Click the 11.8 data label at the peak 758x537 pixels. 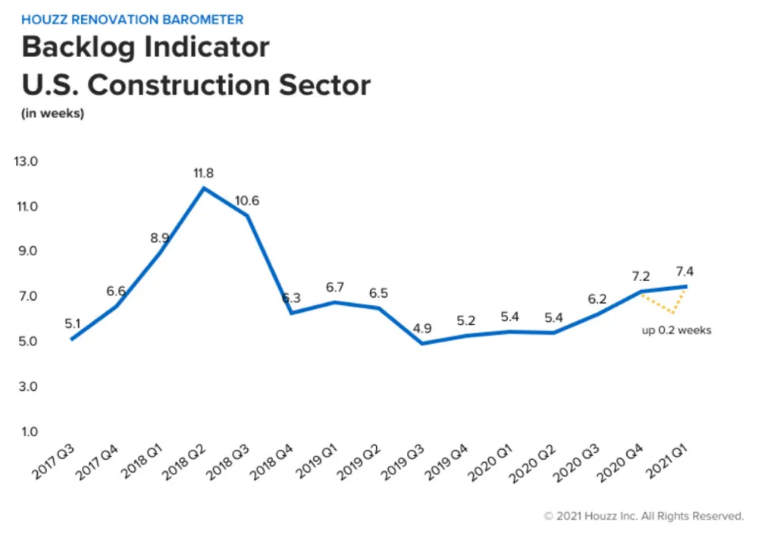coord(203,173)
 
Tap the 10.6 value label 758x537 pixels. coord(246,201)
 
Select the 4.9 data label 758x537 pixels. coord(422,329)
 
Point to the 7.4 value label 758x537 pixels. coord(684,271)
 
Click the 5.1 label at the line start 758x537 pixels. coord(73,323)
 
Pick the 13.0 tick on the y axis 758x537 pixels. coord(26,161)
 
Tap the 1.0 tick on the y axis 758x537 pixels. coord(29,431)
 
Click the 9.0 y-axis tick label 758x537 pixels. coord(28,251)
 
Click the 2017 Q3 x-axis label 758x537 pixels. coord(53,462)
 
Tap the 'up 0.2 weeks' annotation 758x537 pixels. coord(676,330)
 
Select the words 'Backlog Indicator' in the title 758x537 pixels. coord(146,47)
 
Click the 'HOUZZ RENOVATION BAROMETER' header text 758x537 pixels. coord(132,20)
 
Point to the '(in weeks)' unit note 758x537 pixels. coord(52,114)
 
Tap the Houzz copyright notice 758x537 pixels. coord(644,517)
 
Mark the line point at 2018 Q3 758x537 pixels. coord(248,215)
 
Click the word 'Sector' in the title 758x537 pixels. coord(324,85)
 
